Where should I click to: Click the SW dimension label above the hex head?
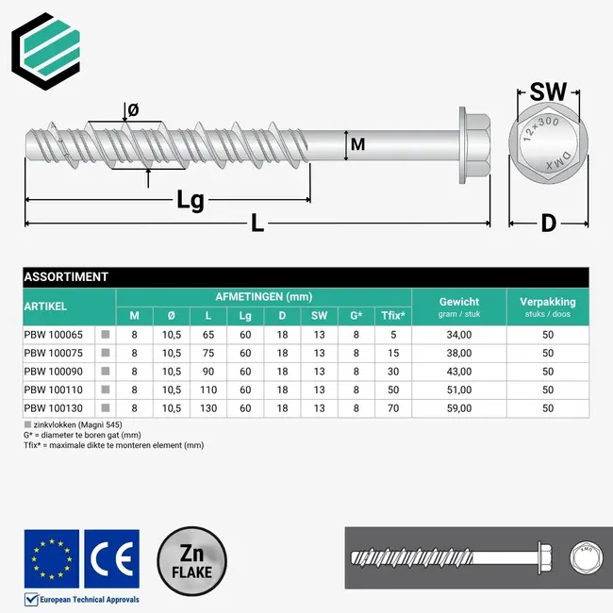pos(548,92)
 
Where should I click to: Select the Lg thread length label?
pos(191,200)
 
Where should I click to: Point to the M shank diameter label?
pos(357,144)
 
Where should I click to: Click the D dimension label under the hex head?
pos(548,224)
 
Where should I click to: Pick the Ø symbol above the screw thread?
pos(133,110)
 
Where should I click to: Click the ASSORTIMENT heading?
pos(67,277)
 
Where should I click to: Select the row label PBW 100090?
pos(53,371)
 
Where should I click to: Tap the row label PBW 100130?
pos(53,407)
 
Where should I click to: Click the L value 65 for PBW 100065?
pos(208,334)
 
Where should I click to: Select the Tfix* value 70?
pos(393,407)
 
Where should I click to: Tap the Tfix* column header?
pos(393,315)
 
